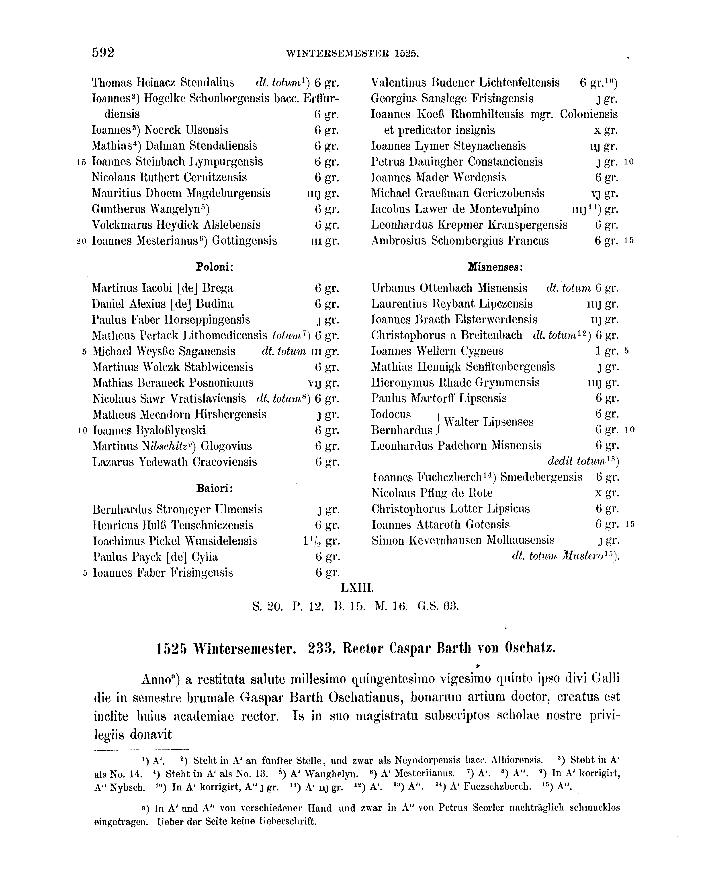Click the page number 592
point(103,53)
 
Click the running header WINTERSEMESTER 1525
point(353,54)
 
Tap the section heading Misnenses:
point(495,267)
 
